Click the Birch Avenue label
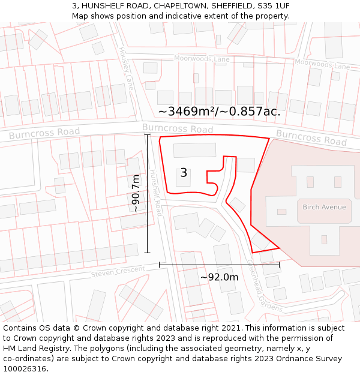pyautogui.click(x=324, y=207)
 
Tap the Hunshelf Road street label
pyautogui.click(x=156, y=192)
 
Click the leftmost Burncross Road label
pyautogui.click(x=44, y=133)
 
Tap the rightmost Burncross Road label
pyautogui.click(x=311, y=137)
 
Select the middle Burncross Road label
pyautogui.click(x=178, y=128)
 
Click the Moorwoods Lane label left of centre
pyautogui.click(x=202, y=59)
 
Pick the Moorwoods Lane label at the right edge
pyautogui.click(x=322, y=64)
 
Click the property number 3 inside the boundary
pyautogui.click(x=184, y=173)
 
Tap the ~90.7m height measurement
pyautogui.click(x=136, y=193)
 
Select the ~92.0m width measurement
pyautogui.click(x=219, y=277)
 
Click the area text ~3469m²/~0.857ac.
pyautogui.click(x=219, y=112)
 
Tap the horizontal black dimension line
pyautogui.click(x=219, y=264)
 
